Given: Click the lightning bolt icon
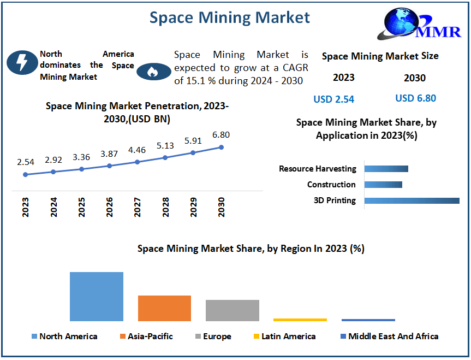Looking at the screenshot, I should (22, 63).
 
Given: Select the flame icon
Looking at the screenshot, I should (153, 72).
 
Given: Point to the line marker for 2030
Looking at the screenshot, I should (221, 147).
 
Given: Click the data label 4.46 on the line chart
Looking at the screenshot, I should (137, 150).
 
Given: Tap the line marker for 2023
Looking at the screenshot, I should (25, 175).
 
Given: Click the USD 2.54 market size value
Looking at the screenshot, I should (333, 99).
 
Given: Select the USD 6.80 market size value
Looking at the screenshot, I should (415, 98).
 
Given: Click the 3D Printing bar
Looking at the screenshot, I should (412, 200).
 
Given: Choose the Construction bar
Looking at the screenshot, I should (383, 185).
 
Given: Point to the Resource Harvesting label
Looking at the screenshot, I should (317, 169).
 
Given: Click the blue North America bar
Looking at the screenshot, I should (97, 297).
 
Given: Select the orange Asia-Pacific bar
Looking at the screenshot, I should (164, 308).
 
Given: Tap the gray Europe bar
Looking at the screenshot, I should (232, 310).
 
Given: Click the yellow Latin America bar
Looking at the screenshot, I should (300, 320).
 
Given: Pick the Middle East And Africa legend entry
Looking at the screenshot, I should (389, 337).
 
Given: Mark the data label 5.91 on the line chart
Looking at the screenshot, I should (193, 140).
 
